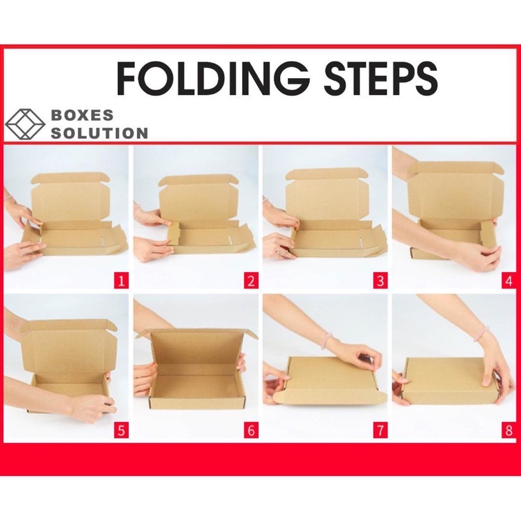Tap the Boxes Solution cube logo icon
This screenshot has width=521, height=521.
click(25, 124)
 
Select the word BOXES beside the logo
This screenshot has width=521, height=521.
click(82, 115)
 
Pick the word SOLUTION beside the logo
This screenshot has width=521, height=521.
click(100, 133)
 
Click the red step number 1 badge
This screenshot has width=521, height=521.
click(121, 281)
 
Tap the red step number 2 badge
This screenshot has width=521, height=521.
click(251, 281)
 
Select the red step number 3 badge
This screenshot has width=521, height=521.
click(380, 281)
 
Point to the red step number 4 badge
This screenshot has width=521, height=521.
click(509, 281)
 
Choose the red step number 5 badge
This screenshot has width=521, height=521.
click(121, 430)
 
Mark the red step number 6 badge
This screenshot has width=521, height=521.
click(251, 430)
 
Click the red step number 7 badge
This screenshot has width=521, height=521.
click(380, 430)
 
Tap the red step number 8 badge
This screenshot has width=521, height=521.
click(509, 430)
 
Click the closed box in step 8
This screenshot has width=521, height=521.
click(452, 379)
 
